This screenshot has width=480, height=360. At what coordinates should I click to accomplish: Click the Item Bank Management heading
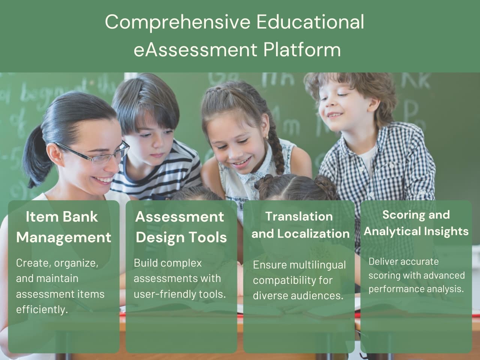click(x=63, y=227)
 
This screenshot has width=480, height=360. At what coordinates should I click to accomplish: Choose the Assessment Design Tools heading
click(x=181, y=227)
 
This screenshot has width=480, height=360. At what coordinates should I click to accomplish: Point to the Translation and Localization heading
click(x=300, y=225)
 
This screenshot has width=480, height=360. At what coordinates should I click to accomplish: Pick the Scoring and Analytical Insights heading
click(x=416, y=223)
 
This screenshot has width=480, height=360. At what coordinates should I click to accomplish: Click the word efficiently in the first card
click(x=42, y=310)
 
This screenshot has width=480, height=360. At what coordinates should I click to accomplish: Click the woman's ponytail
click(x=36, y=157)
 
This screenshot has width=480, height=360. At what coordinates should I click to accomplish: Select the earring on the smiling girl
click(x=267, y=138)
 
